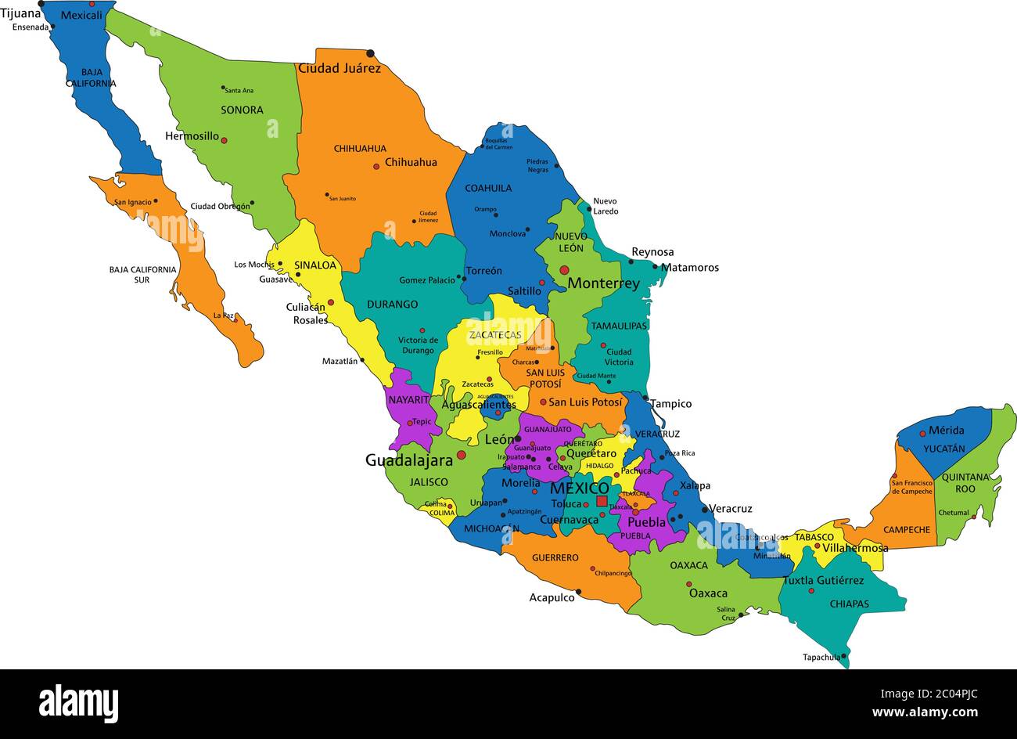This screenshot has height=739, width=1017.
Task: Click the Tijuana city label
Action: click(20, 13)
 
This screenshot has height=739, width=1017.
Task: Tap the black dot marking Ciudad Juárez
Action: click(370, 53)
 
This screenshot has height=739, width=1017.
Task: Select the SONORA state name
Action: click(242, 110)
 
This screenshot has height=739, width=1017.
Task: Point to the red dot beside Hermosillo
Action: click(224, 141)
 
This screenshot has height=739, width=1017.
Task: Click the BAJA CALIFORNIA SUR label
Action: click(142, 274)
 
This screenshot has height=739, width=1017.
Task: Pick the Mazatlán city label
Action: click(340, 361)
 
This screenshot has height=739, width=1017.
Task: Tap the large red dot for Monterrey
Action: click(564, 270)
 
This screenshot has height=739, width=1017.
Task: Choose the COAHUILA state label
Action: click(488, 188)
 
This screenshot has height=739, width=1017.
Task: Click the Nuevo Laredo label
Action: click(606, 206)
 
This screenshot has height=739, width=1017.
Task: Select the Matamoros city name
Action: click(689, 268)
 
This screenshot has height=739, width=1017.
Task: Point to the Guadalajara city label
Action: click(408, 460)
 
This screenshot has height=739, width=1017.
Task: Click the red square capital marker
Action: click(602, 501)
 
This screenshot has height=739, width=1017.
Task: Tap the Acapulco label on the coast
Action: click(552, 597)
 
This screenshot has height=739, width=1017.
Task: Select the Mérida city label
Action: click(946, 430)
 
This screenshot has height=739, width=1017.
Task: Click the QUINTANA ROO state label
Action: click(965, 482)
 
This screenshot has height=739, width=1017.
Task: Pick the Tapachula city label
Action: click(821, 657)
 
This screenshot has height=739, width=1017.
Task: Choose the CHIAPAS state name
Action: click(850, 604)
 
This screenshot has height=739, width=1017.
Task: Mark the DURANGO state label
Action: click(392, 305)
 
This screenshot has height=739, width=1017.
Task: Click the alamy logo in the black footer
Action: click(78, 703)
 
